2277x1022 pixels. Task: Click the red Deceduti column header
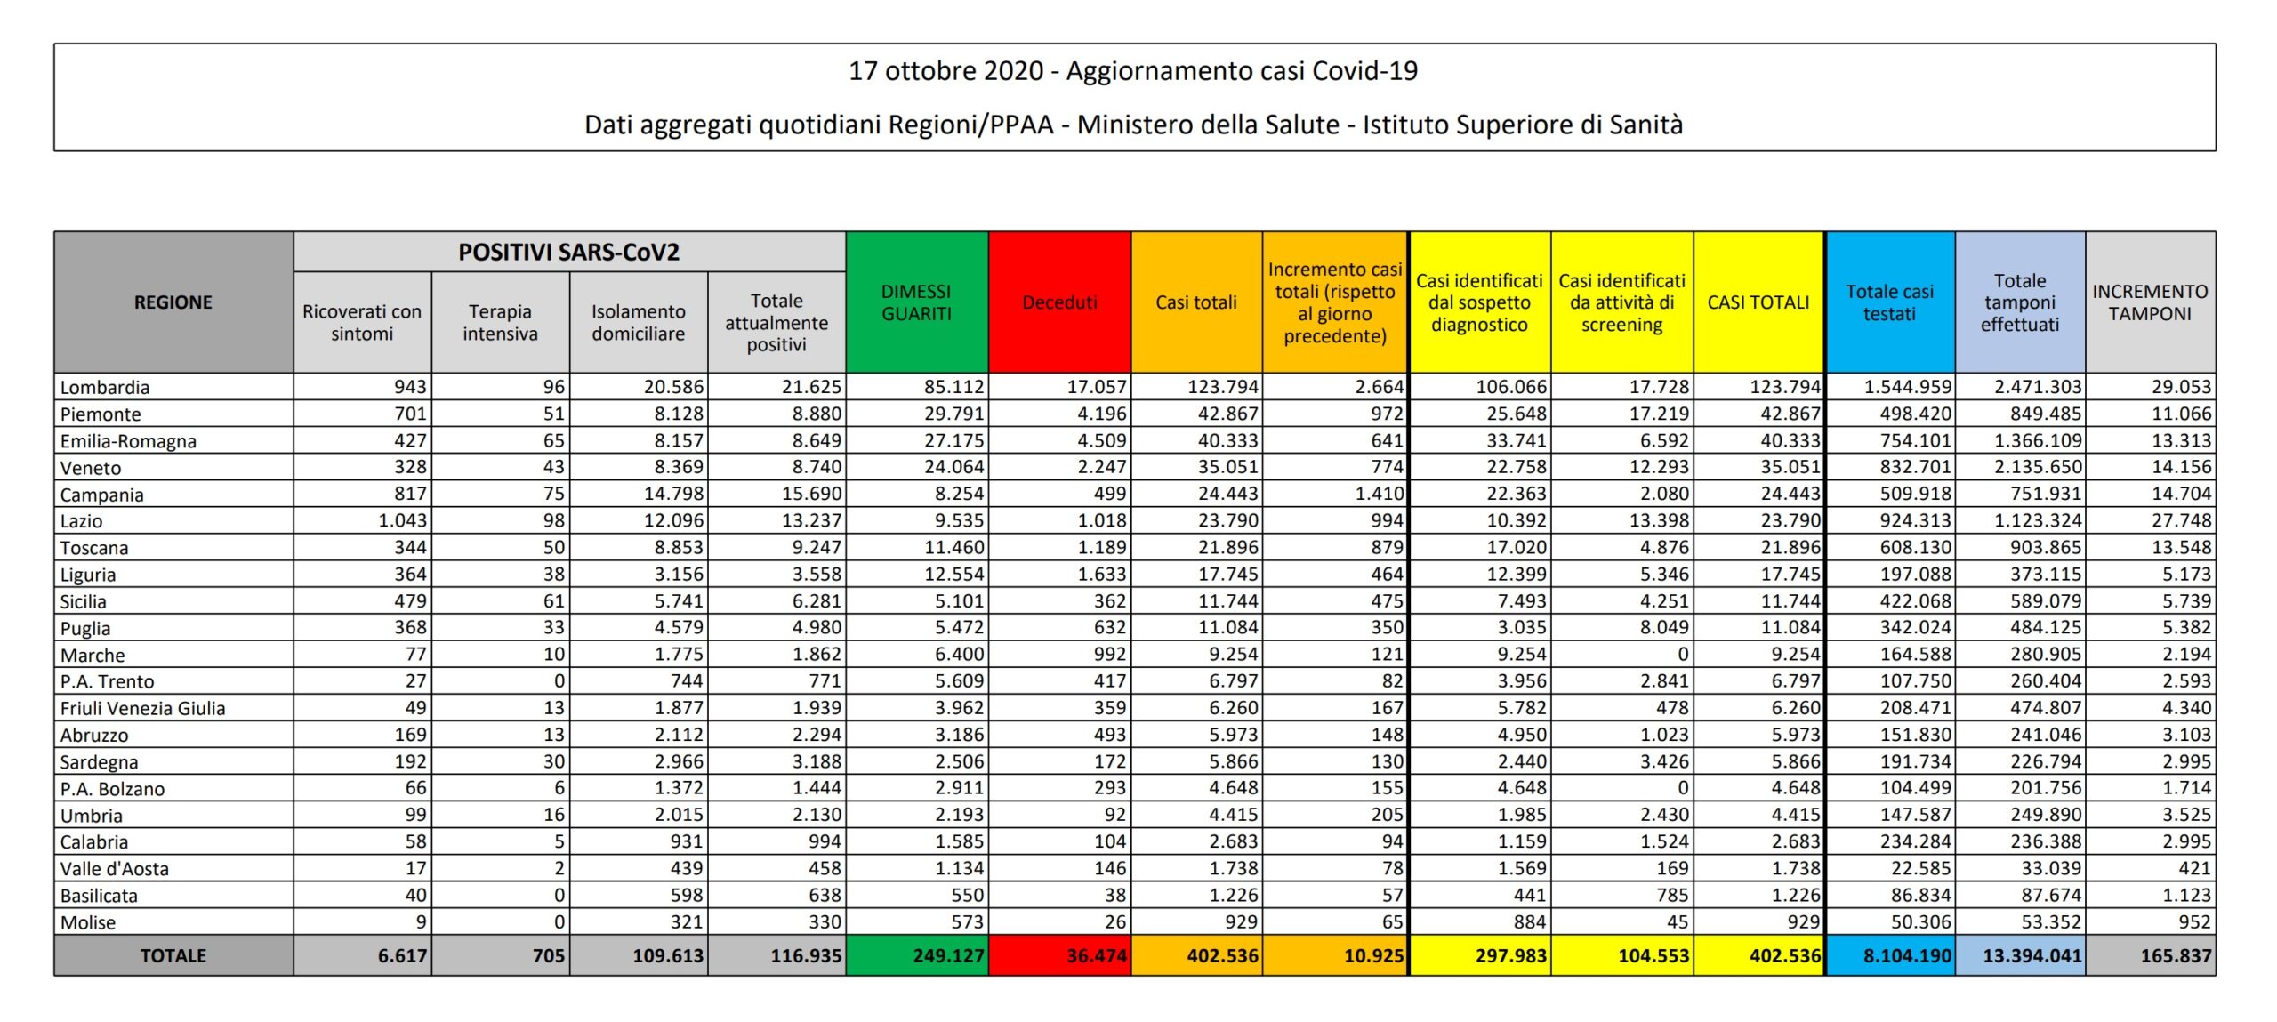[x=1059, y=302]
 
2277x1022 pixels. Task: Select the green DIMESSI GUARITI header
[x=916, y=302]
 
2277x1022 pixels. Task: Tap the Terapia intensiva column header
[x=500, y=322]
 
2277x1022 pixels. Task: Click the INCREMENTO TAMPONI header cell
[x=2150, y=302]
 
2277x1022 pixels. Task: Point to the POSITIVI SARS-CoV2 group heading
[x=568, y=253]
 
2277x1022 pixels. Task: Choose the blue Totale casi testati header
[x=1889, y=302]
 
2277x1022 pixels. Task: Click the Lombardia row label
[x=105, y=387]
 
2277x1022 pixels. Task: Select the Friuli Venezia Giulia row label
[x=142, y=708]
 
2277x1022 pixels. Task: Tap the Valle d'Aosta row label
[x=114, y=868]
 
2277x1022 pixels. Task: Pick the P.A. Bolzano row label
[x=112, y=788]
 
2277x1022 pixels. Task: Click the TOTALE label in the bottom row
[x=173, y=955]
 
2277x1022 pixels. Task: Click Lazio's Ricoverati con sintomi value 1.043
[x=403, y=520]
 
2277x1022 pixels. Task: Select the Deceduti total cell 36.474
[x=1097, y=955]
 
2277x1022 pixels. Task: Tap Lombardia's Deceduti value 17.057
[x=1097, y=387]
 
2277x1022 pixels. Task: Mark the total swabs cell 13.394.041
[x=2032, y=955]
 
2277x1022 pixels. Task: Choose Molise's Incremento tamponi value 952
[x=2194, y=921]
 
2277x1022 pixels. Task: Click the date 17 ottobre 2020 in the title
[x=945, y=71]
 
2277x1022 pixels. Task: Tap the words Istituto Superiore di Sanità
[x=1523, y=125]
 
